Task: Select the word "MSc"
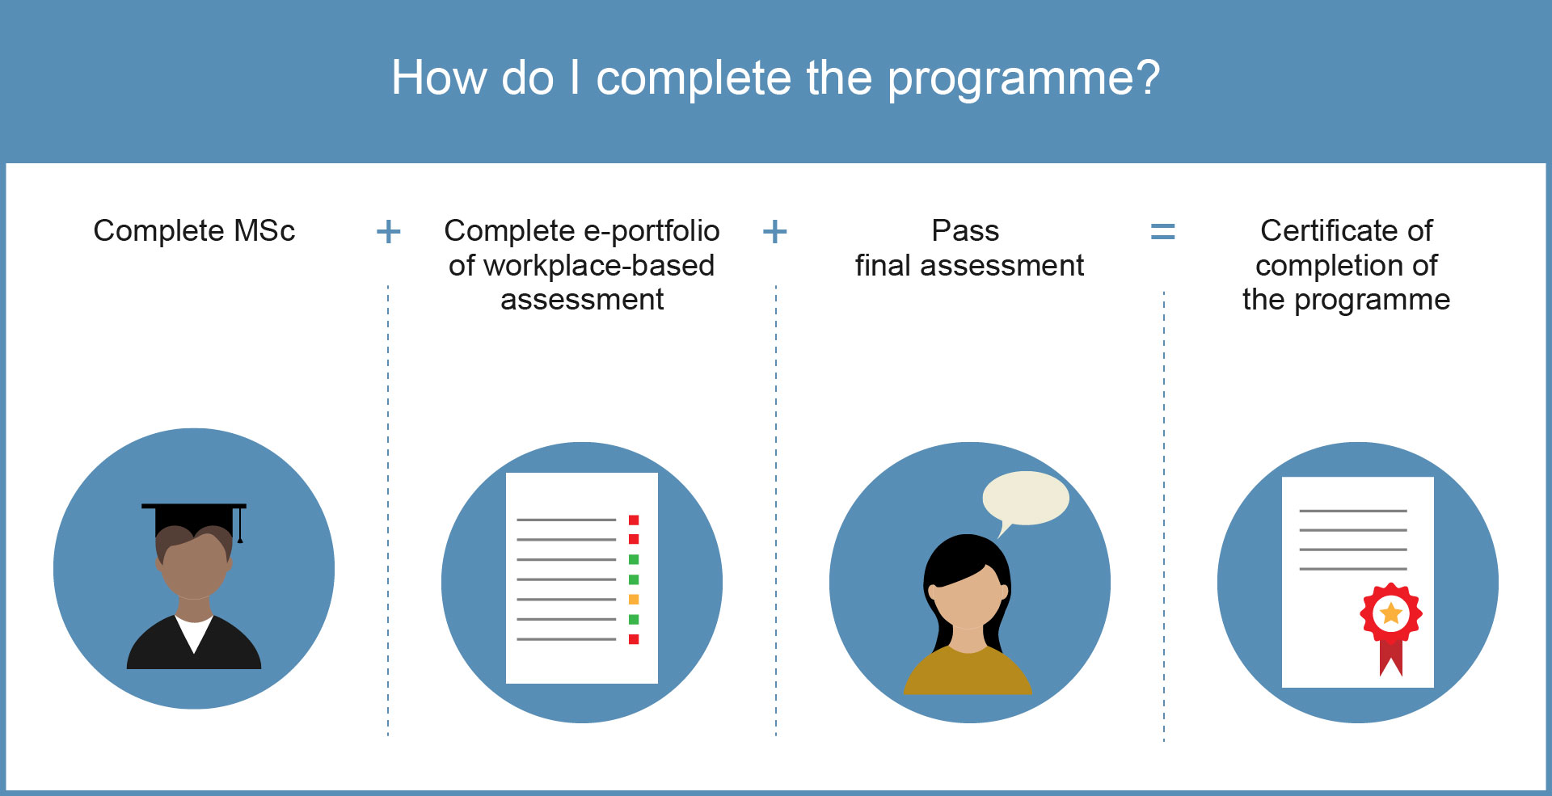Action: click(x=264, y=230)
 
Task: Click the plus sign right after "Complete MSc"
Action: click(x=389, y=232)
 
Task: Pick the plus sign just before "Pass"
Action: click(x=775, y=232)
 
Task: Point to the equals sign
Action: click(x=1162, y=232)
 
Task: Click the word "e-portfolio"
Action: click(x=652, y=231)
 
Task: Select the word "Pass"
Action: click(x=965, y=230)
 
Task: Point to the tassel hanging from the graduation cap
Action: click(x=240, y=525)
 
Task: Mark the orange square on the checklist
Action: click(x=634, y=600)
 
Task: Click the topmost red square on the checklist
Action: click(x=634, y=520)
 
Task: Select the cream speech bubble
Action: click(x=1025, y=499)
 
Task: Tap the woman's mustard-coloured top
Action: click(x=968, y=671)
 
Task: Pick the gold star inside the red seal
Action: click(x=1391, y=613)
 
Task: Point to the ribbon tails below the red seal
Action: click(x=1391, y=657)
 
